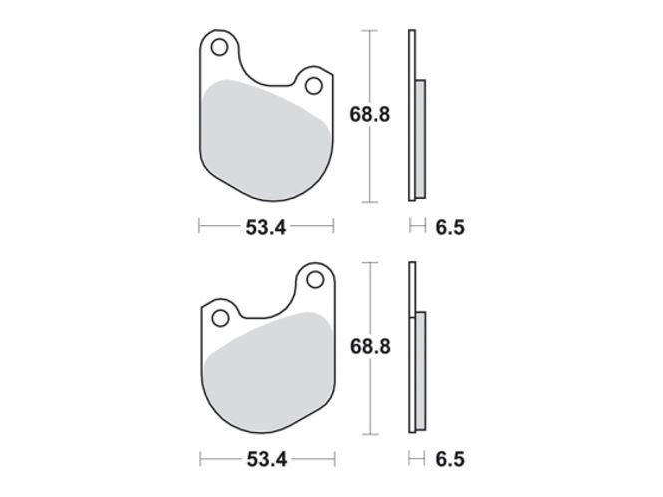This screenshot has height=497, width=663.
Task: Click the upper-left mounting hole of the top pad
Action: click(219, 47)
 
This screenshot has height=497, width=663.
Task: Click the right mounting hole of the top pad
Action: click(314, 86)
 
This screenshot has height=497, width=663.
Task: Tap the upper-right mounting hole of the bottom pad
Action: click(315, 279)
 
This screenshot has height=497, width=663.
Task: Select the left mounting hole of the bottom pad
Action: click(220, 318)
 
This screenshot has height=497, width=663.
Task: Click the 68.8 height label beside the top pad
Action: click(370, 115)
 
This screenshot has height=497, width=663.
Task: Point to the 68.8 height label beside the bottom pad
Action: click(370, 346)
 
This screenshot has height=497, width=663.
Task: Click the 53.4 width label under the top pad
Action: click(266, 227)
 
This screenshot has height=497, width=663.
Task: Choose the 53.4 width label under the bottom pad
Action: click(267, 459)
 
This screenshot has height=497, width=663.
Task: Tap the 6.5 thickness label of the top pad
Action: click(450, 227)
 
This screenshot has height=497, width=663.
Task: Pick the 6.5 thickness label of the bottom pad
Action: click(450, 459)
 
